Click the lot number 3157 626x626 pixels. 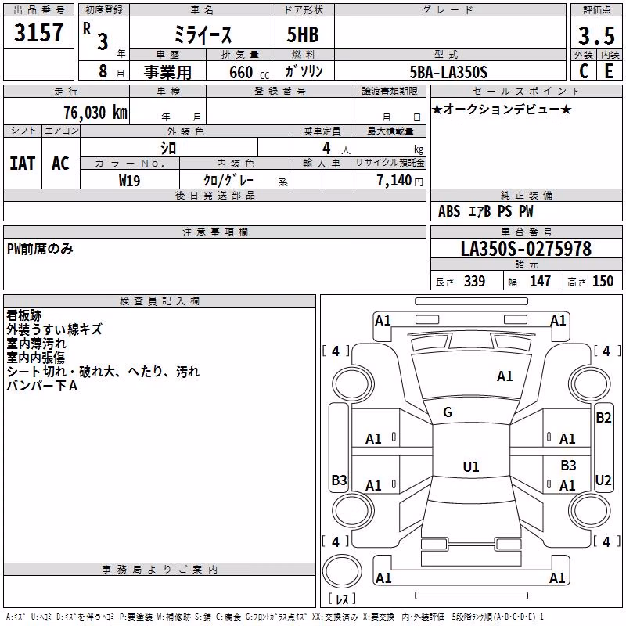[x=38, y=33]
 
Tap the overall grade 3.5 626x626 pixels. [x=596, y=36]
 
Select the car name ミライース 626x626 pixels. [x=203, y=35]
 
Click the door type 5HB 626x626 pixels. [x=303, y=34]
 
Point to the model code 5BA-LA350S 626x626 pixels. [x=448, y=72]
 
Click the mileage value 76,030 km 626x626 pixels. [x=95, y=113]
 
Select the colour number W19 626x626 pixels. [x=129, y=181]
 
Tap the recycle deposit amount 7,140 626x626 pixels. [x=394, y=181]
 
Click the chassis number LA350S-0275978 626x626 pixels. [x=526, y=249]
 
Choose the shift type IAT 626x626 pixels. [x=23, y=164]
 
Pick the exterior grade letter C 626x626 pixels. [x=584, y=71]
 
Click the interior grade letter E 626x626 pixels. [x=609, y=71]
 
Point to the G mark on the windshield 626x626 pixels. [x=448, y=412]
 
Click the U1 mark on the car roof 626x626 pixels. [x=471, y=466]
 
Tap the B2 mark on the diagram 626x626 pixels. [x=603, y=418]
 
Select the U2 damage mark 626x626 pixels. [x=603, y=480]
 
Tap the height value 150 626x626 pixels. [x=603, y=281]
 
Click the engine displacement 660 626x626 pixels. [x=241, y=72]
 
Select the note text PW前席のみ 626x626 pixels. [x=41, y=249]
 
